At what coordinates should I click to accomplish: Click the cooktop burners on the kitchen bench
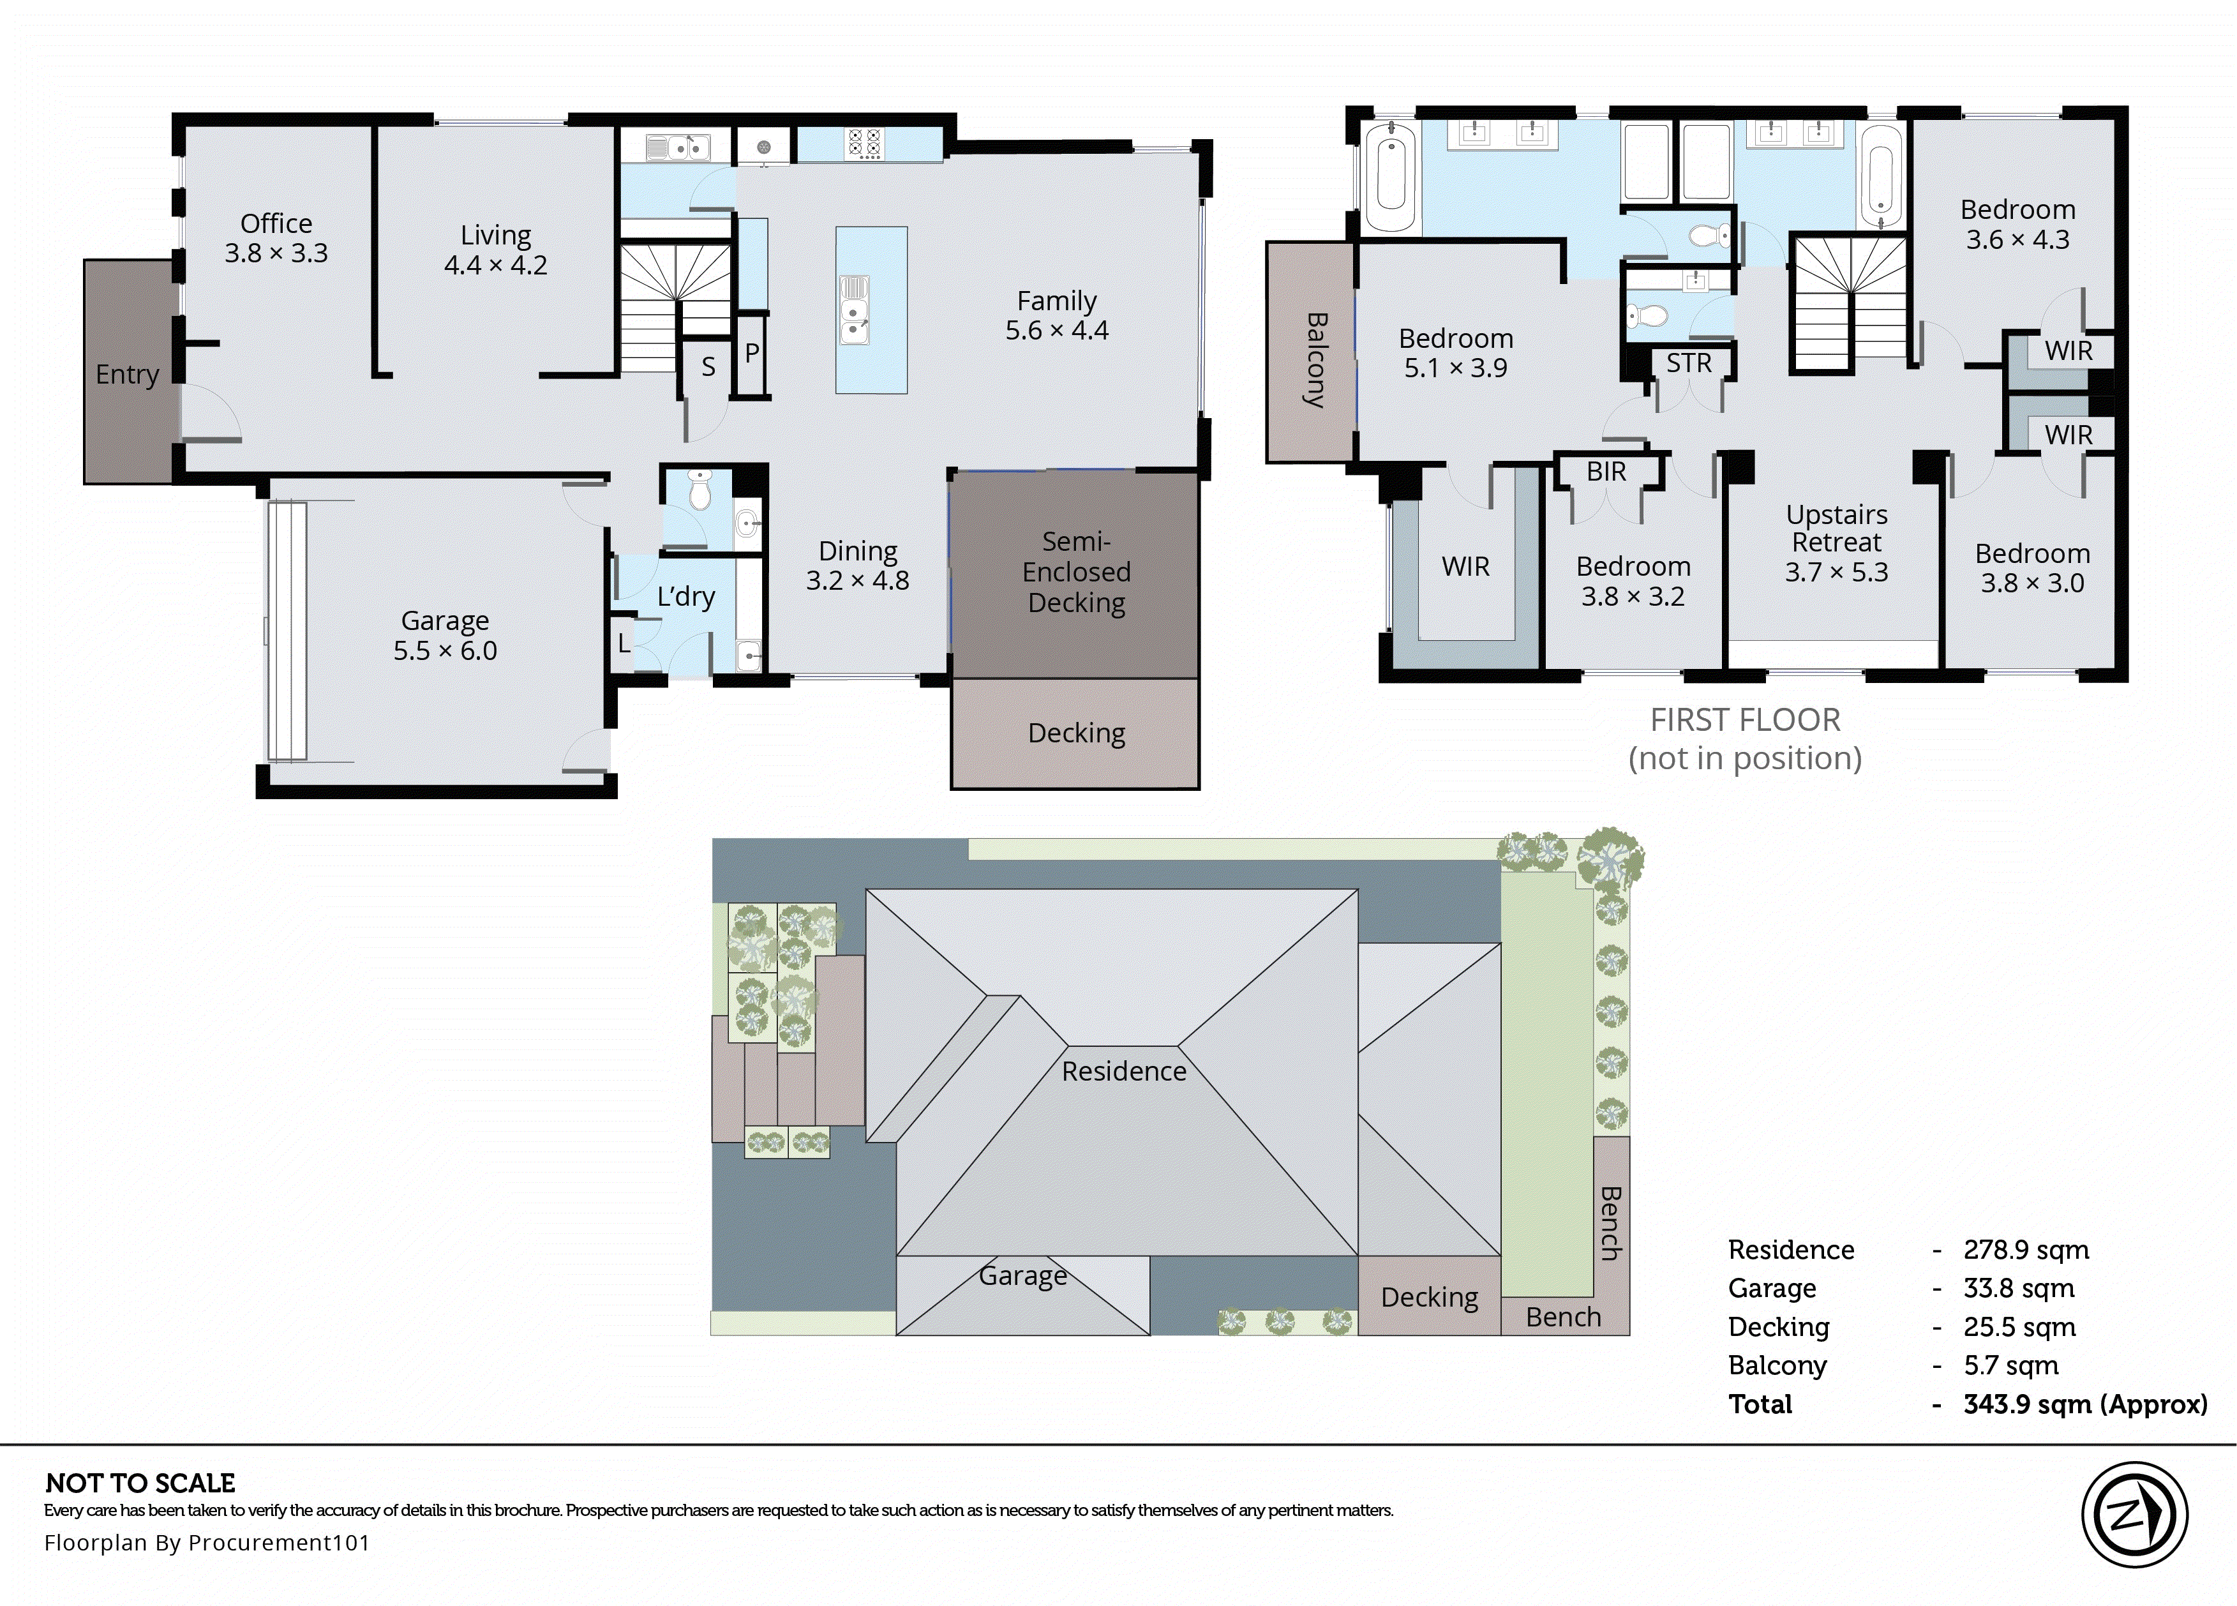point(865,144)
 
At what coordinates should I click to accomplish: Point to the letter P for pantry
point(752,353)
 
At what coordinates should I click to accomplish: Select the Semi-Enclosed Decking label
point(1076,572)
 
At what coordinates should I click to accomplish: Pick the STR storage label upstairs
point(1689,364)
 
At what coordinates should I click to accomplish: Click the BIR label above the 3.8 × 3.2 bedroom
point(1606,472)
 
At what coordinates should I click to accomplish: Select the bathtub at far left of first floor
point(1391,177)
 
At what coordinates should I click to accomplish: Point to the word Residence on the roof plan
point(1123,1071)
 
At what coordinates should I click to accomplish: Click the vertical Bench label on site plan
point(1610,1223)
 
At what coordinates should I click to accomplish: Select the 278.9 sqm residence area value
point(2025,1250)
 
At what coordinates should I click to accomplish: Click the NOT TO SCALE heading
point(140,1483)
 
